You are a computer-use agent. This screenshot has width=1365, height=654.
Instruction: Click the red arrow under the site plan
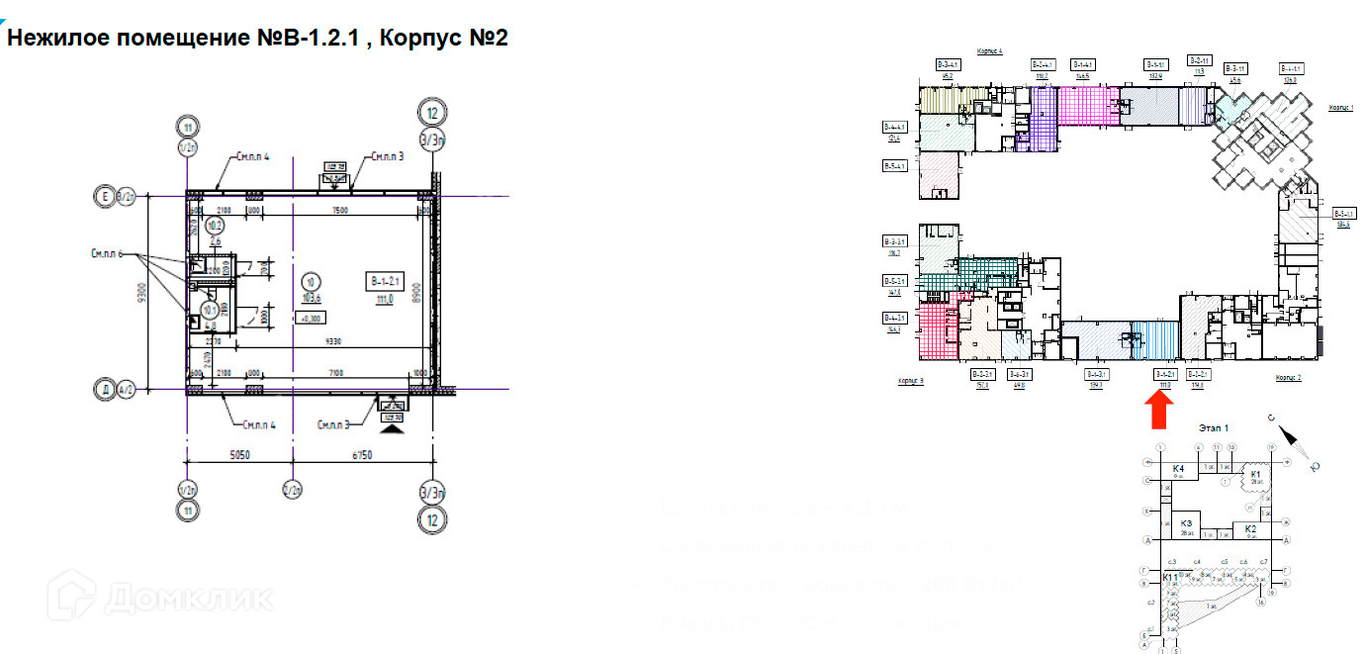tap(1160, 410)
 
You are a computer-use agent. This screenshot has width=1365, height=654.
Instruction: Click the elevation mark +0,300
tap(312, 318)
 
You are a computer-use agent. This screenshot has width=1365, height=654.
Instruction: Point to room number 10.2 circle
tap(214, 226)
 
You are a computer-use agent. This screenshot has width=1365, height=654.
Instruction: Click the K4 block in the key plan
tap(1178, 470)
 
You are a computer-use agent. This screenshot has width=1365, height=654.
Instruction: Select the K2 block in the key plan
tap(1250, 531)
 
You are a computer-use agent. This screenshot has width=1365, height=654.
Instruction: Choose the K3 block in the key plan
tap(1185, 525)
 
